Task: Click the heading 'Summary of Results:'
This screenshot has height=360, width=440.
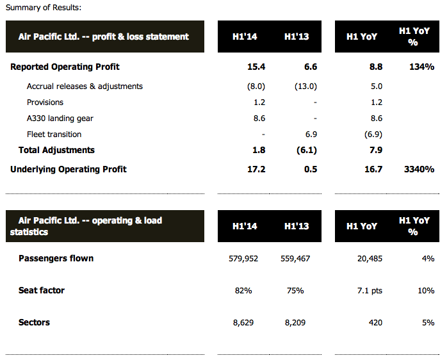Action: pyautogui.click(x=44, y=8)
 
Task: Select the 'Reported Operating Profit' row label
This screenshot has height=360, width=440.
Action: pyautogui.click(x=65, y=67)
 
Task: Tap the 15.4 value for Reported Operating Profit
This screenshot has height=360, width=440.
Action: pyautogui.click(x=256, y=67)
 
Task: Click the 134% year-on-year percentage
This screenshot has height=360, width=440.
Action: pyautogui.click(x=421, y=67)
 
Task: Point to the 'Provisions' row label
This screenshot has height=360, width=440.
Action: pyautogui.click(x=45, y=102)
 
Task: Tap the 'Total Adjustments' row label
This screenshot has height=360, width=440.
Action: pyautogui.click(x=56, y=150)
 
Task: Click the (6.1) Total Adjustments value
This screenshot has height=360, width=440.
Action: pyautogui.click(x=305, y=150)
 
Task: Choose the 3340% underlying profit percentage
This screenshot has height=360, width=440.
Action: pyautogui.click(x=419, y=169)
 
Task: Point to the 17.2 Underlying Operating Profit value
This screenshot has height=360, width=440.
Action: pyautogui.click(x=256, y=169)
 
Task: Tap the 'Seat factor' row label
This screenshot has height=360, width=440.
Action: pyautogui.click(x=42, y=290)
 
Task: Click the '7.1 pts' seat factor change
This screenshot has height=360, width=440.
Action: pyautogui.click(x=368, y=290)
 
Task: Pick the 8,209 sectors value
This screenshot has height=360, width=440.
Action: pyautogui.click(x=297, y=322)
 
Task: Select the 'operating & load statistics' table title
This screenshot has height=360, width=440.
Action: pyautogui.click(x=86, y=225)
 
